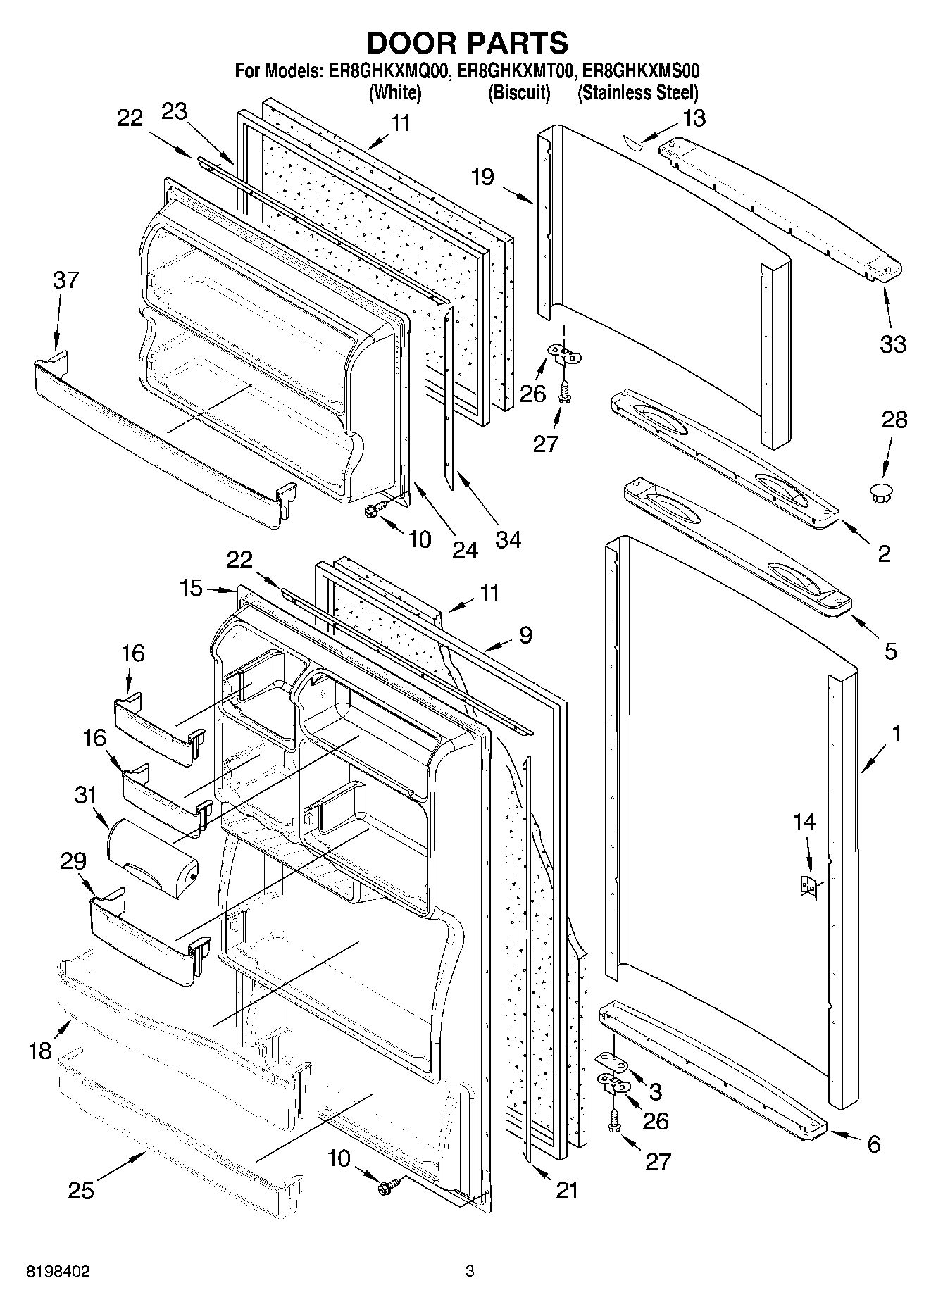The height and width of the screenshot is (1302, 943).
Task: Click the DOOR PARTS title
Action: click(468, 44)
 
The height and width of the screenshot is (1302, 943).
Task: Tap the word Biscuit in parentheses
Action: click(519, 93)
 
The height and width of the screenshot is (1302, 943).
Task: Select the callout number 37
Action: click(65, 280)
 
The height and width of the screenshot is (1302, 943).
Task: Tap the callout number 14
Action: click(804, 821)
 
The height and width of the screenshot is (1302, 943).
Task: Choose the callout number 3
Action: click(655, 1091)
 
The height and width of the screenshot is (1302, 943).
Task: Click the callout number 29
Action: click(73, 861)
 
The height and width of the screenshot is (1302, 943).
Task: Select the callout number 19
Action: click(483, 177)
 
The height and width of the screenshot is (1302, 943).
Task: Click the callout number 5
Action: click(890, 651)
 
